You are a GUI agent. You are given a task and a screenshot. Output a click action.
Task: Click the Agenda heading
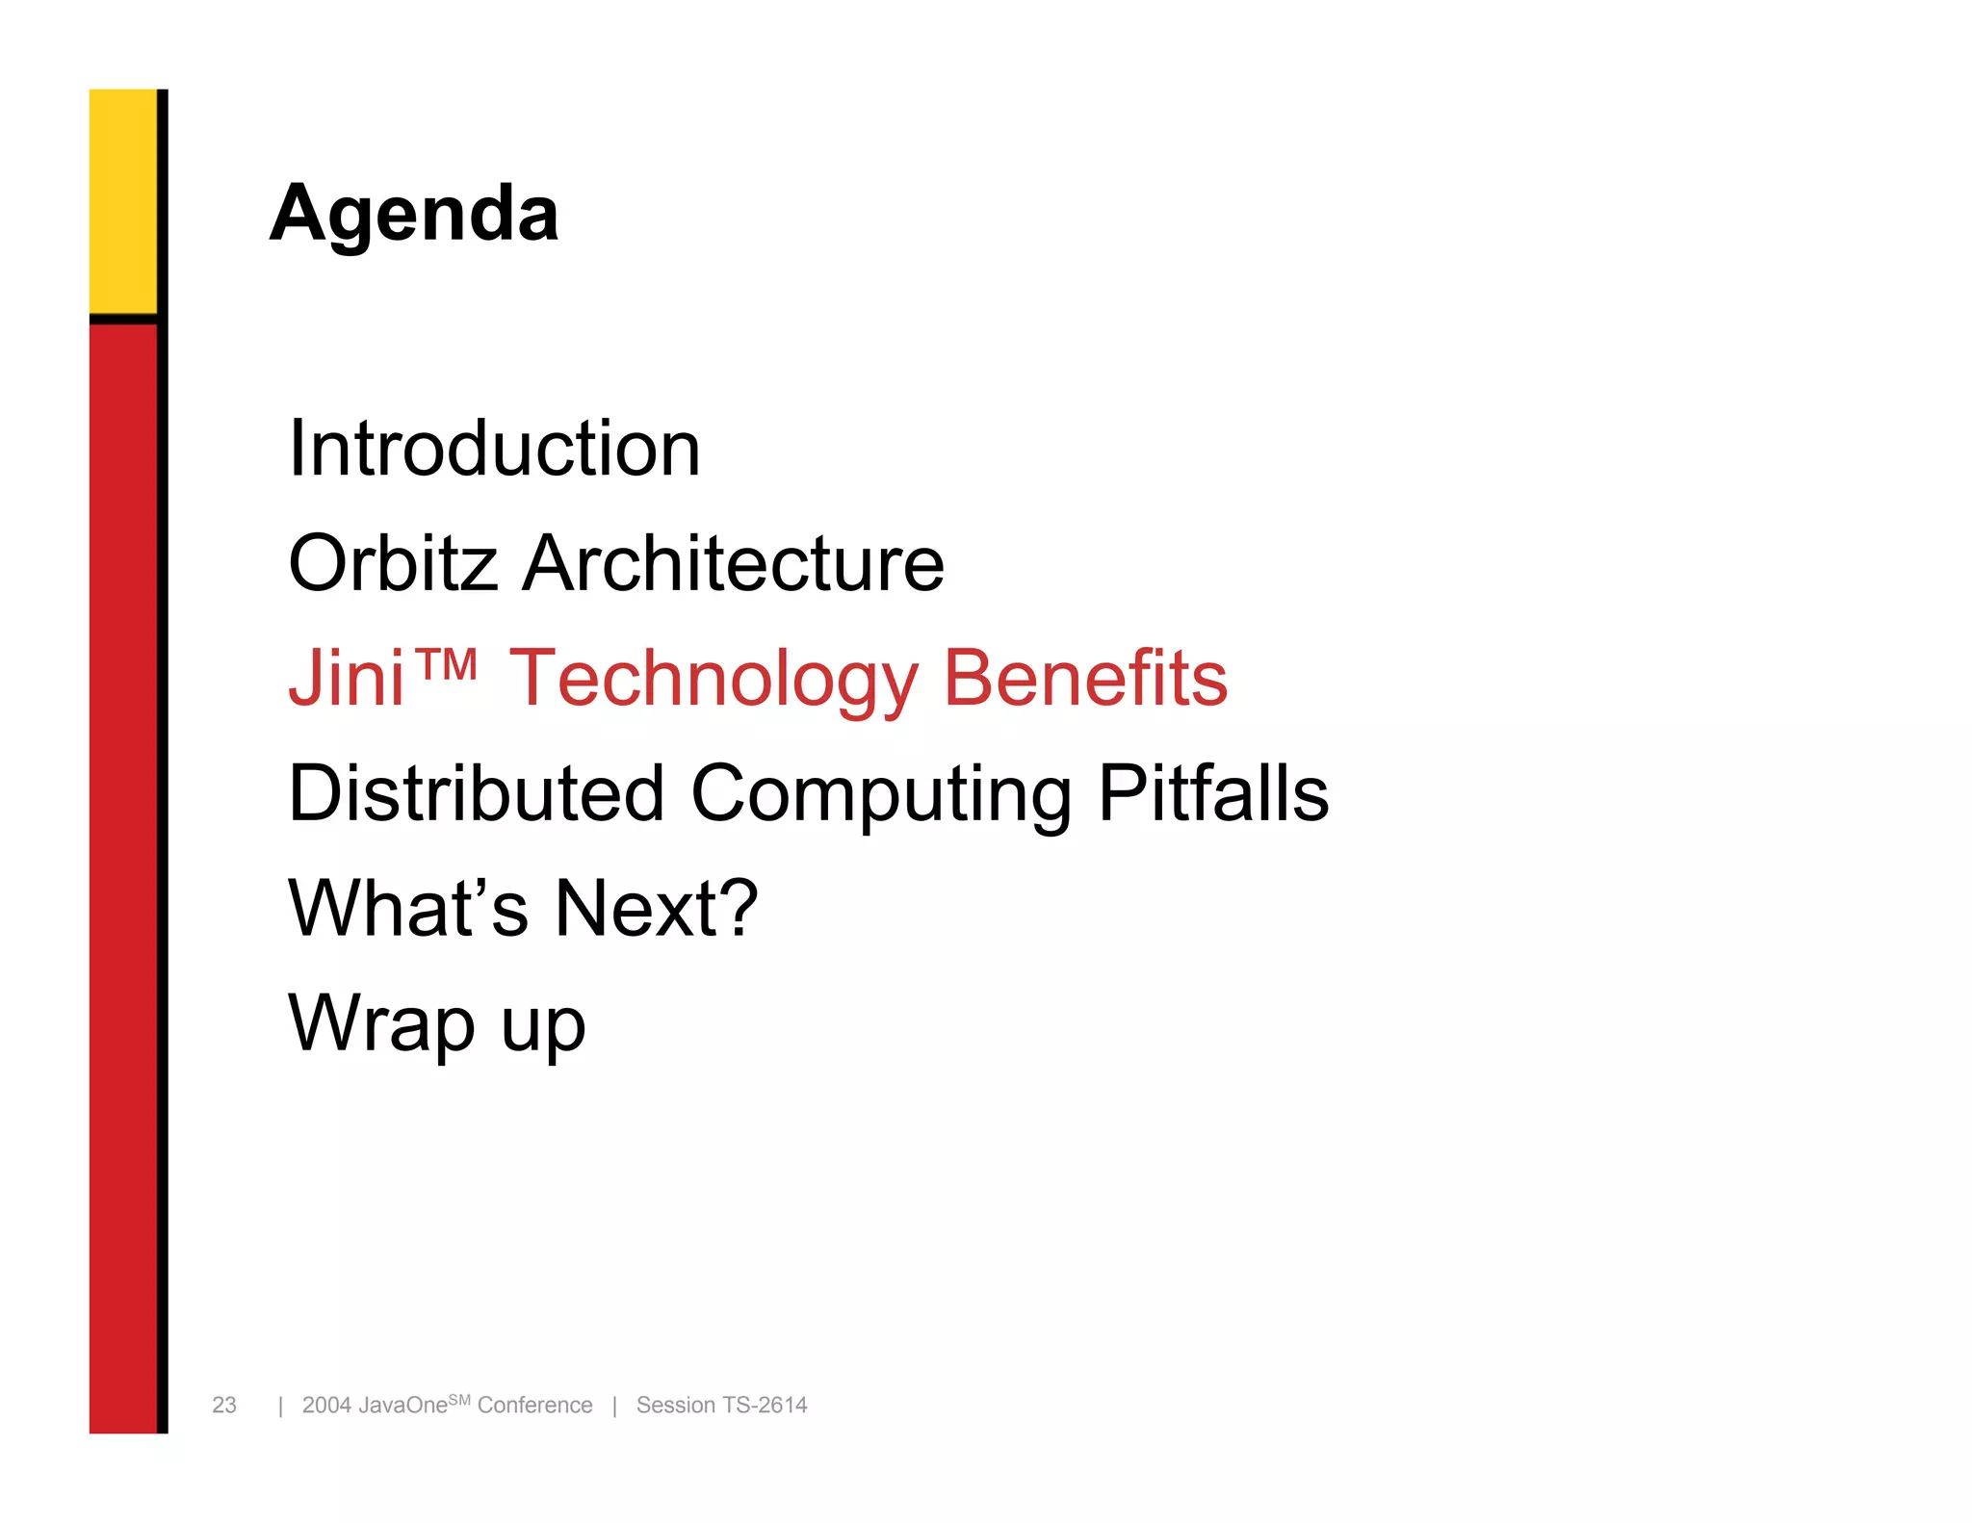pyautogui.click(x=414, y=214)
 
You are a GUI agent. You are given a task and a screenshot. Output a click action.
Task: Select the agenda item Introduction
pyautogui.click(x=494, y=449)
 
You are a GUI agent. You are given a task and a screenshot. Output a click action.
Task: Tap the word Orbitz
pyautogui.click(x=393, y=563)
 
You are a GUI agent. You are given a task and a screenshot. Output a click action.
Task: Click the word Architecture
pyautogui.click(x=733, y=563)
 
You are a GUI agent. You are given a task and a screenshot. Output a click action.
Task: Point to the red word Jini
pyautogui.click(x=346, y=678)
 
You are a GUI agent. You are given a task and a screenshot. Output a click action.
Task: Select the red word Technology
pyautogui.click(x=713, y=680)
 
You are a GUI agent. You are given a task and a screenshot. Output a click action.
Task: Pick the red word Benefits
pyautogui.click(x=1085, y=678)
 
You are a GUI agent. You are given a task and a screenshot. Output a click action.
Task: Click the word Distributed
pyautogui.click(x=477, y=793)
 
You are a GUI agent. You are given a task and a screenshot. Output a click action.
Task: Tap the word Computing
pyautogui.click(x=881, y=795)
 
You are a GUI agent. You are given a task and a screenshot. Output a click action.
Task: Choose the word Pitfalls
pyautogui.click(x=1213, y=793)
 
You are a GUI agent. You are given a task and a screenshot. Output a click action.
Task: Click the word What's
pyautogui.click(x=408, y=908)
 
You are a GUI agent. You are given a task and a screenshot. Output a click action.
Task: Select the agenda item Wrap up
pyautogui.click(x=436, y=1024)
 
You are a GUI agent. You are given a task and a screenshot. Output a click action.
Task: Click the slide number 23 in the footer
pyautogui.click(x=224, y=1405)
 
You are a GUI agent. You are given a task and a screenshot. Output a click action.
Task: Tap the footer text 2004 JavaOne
pyautogui.click(x=374, y=1406)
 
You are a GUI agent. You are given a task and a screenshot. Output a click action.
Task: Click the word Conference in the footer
pyautogui.click(x=534, y=1406)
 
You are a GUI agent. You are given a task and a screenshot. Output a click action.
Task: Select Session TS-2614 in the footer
pyautogui.click(x=721, y=1406)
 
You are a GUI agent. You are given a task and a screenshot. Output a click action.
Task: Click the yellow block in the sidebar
pyautogui.click(x=123, y=200)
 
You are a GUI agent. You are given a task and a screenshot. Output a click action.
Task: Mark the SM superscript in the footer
pyautogui.click(x=459, y=1399)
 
